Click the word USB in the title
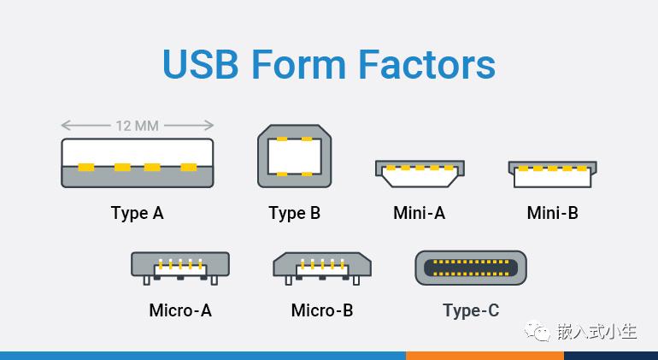tap(201, 64)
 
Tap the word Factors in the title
tap(426, 64)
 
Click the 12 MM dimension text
tap(138, 126)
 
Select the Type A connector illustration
tap(138, 163)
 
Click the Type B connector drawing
tap(294, 156)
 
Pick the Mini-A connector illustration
tap(420, 174)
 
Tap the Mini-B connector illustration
tap(552, 174)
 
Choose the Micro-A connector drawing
tap(180, 268)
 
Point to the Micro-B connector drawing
tap(322, 268)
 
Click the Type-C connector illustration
tap(470, 268)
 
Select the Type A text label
tap(138, 214)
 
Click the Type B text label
tap(294, 214)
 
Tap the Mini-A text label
tap(419, 213)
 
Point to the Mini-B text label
tap(552, 213)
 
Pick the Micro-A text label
tap(180, 310)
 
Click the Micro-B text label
tap(322, 310)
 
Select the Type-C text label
tap(471, 311)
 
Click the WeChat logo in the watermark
tap(538, 331)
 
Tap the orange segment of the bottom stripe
tap(485, 356)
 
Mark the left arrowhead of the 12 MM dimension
tap(65, 125)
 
